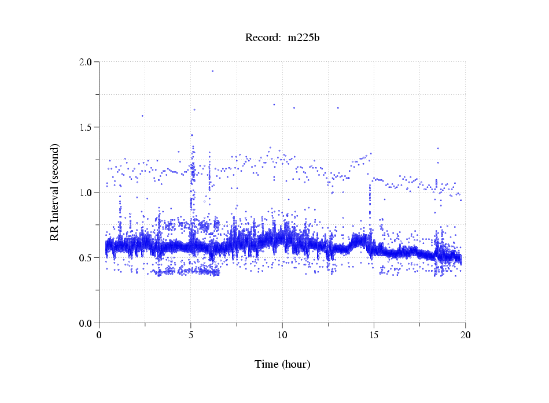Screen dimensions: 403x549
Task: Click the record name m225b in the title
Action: point(304,38)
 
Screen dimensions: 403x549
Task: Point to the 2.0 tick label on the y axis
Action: point(86,62)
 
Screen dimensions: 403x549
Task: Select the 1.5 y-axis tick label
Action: point(86,127)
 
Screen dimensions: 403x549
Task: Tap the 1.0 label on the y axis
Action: point(86,193)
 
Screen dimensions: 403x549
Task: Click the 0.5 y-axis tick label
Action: point(86,258)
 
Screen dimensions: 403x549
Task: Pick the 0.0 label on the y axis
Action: point(86,323)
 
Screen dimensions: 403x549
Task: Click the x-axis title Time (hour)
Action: point(282,364)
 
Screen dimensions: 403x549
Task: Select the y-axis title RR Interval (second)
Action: point(55,192)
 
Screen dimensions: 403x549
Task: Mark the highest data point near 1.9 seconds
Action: point(212,71)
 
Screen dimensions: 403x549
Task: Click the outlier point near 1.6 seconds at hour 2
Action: point(142,116)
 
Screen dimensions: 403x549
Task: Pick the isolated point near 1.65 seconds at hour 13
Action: point(338,108)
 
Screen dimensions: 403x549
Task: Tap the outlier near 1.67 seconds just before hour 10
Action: point(274,105)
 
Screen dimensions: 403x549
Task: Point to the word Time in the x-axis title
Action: point(267,364)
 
